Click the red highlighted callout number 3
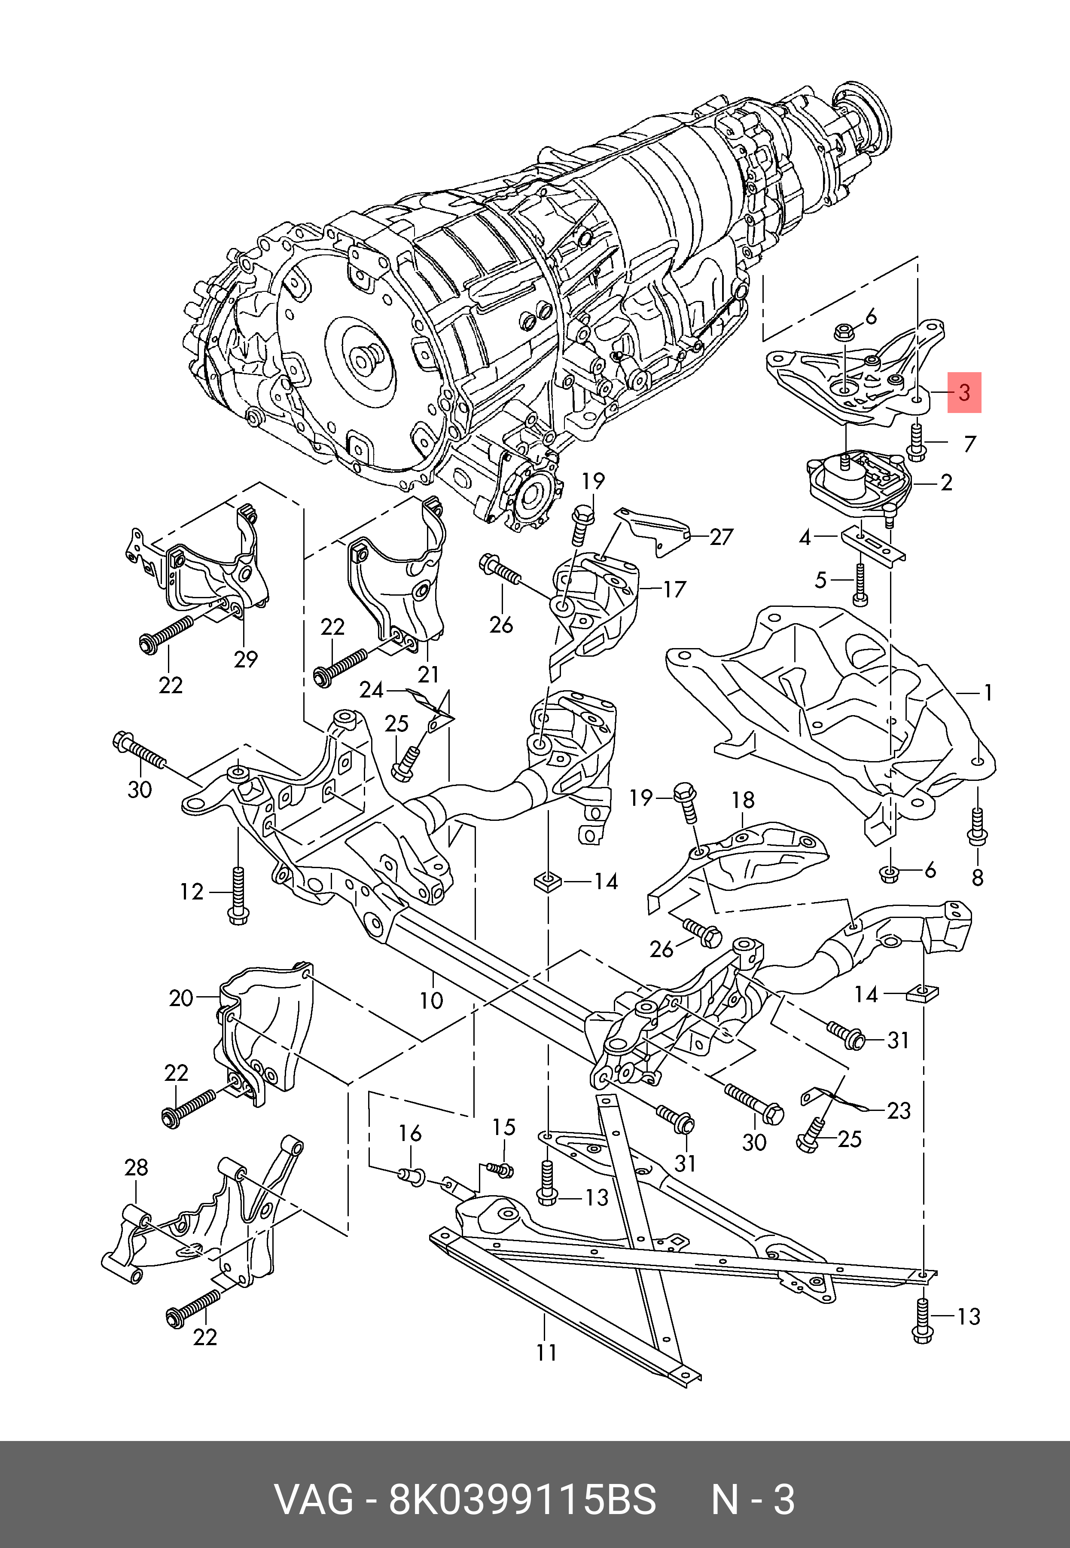click(964, 392)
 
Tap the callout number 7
click(969, 444)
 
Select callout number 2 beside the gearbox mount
click(946, 482)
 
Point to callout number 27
click(721, 537)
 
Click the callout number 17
click(674, 590)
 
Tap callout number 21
click(428, 674)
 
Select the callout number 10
click(432, 1001)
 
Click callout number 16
click(410, 1134)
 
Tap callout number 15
click(504, 1127)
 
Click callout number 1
click(988, 692)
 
